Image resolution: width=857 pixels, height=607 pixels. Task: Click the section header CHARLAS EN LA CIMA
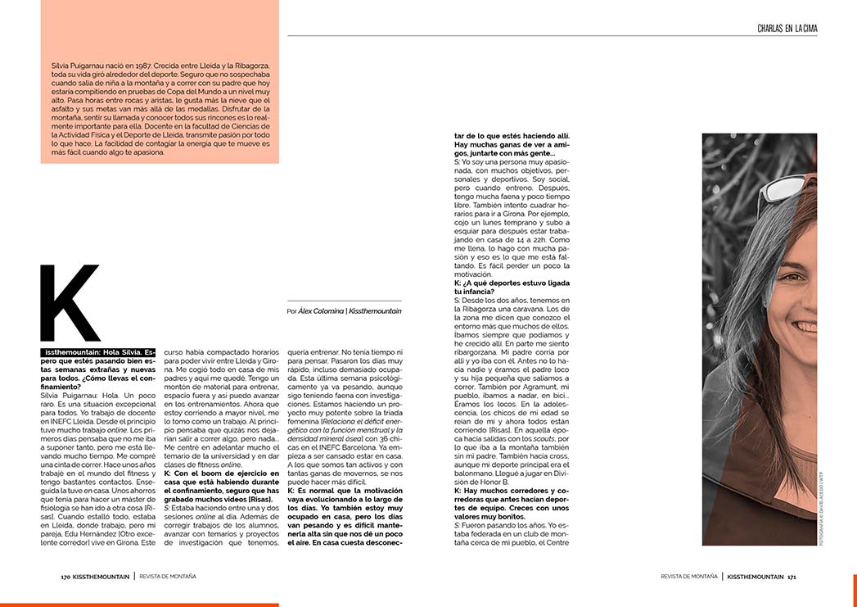click(x=787, y=29)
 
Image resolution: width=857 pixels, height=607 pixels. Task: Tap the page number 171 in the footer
click(x=792, y=576)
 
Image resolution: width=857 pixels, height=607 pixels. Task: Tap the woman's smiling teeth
click(x=806, y=326)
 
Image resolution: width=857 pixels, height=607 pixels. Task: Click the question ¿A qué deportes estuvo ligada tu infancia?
click(x=512, y=287)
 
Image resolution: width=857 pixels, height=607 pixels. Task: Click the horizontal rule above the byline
click(x=344, y=301)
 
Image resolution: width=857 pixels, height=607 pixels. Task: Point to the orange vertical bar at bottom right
click(x=855, y=590)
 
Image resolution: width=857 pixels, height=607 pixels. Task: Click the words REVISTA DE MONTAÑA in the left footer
click(x=168, y=576)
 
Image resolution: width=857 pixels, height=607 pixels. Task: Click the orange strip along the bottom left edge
click(x=139, y=605)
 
